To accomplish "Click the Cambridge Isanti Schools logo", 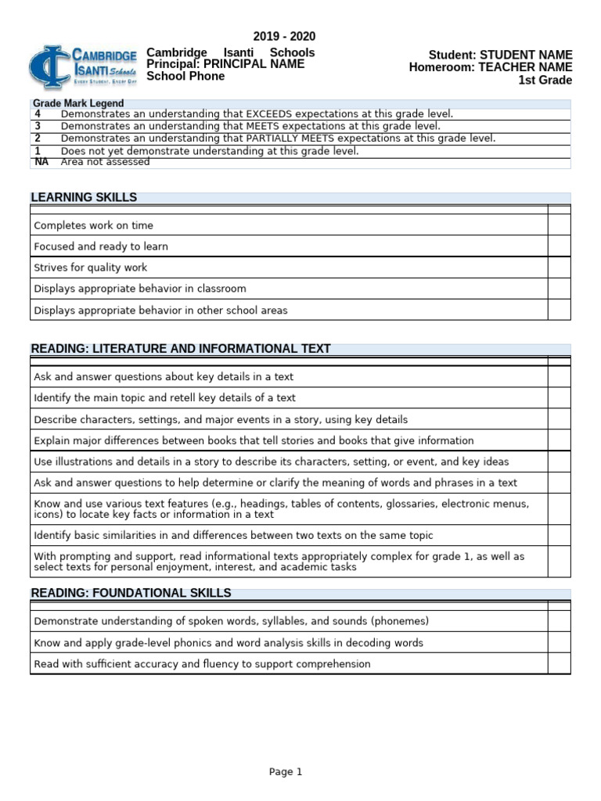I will coord(83,67).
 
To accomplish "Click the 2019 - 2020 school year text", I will coord(284,37).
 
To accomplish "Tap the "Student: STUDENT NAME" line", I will coord(500,55).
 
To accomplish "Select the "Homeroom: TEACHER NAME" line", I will coord(491,67).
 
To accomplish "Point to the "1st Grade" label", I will coord(545,80).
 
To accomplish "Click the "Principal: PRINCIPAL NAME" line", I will coord(225,64).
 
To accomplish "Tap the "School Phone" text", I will coord(185,76).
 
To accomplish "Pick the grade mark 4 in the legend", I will coord(38,113).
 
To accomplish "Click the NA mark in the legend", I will coord(41,162).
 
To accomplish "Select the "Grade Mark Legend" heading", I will coord(77,103).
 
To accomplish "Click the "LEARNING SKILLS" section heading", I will coord(84,197).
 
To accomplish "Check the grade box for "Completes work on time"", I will coord(559,225).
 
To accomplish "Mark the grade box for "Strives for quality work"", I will coord(559,268).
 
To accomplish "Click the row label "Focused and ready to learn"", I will coord(101,246).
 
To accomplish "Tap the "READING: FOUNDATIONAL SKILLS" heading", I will coord(131,593).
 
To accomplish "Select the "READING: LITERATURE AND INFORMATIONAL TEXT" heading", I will coord(180,348).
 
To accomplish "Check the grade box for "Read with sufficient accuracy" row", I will coord(559,664).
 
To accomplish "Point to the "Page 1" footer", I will coord(285,771).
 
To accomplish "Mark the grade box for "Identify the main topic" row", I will coord(559,398).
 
